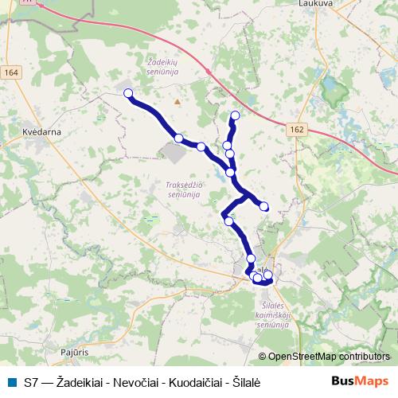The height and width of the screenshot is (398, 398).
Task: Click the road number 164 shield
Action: [x=12, y=72]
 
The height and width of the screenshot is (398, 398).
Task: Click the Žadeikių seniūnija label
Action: [x=165, y=64]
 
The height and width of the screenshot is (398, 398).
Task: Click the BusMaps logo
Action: [x=361, y=381]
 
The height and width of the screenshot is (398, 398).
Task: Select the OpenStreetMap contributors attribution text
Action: [x=329, y=357]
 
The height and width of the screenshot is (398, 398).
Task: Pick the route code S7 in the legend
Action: [x=31, y=382]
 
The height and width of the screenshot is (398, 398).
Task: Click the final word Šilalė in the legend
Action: [x=248, y=382]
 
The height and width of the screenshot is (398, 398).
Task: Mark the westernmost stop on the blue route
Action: [x=128, y=93]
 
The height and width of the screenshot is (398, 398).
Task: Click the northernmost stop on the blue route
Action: [x=235, y=115]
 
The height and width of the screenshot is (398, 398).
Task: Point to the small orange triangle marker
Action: [x=178, y=101]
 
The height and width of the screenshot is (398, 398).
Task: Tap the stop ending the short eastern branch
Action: [x=264, y=207]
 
